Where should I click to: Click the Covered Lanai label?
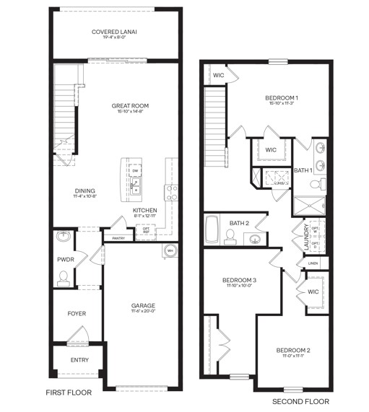coord(116,32)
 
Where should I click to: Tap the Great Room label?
coord(130,106)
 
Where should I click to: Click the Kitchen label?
coord(145,211)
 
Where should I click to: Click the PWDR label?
coord(66,258)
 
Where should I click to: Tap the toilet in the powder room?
coord(64,277)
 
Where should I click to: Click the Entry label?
coord(79,360)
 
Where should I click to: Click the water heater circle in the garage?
coord(170,251)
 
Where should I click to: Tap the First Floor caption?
coord(70,393)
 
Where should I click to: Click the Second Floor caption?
coord(300,401)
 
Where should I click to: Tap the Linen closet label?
coord(312,263)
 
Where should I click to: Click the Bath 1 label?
coord(303,170)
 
